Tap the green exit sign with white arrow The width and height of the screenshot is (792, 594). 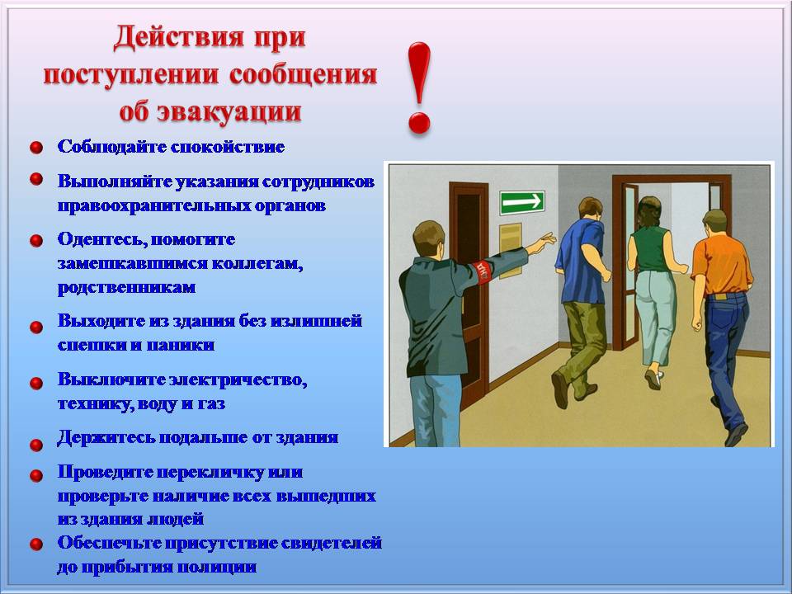522,203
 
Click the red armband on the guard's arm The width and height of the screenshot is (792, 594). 483,271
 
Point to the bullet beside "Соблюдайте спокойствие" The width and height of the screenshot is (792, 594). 36,148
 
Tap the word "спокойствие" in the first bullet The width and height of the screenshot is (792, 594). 228,147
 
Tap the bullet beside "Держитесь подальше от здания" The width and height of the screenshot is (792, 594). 36,445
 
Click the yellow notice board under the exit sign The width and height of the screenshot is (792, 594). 511,250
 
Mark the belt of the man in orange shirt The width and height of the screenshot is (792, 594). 725,296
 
